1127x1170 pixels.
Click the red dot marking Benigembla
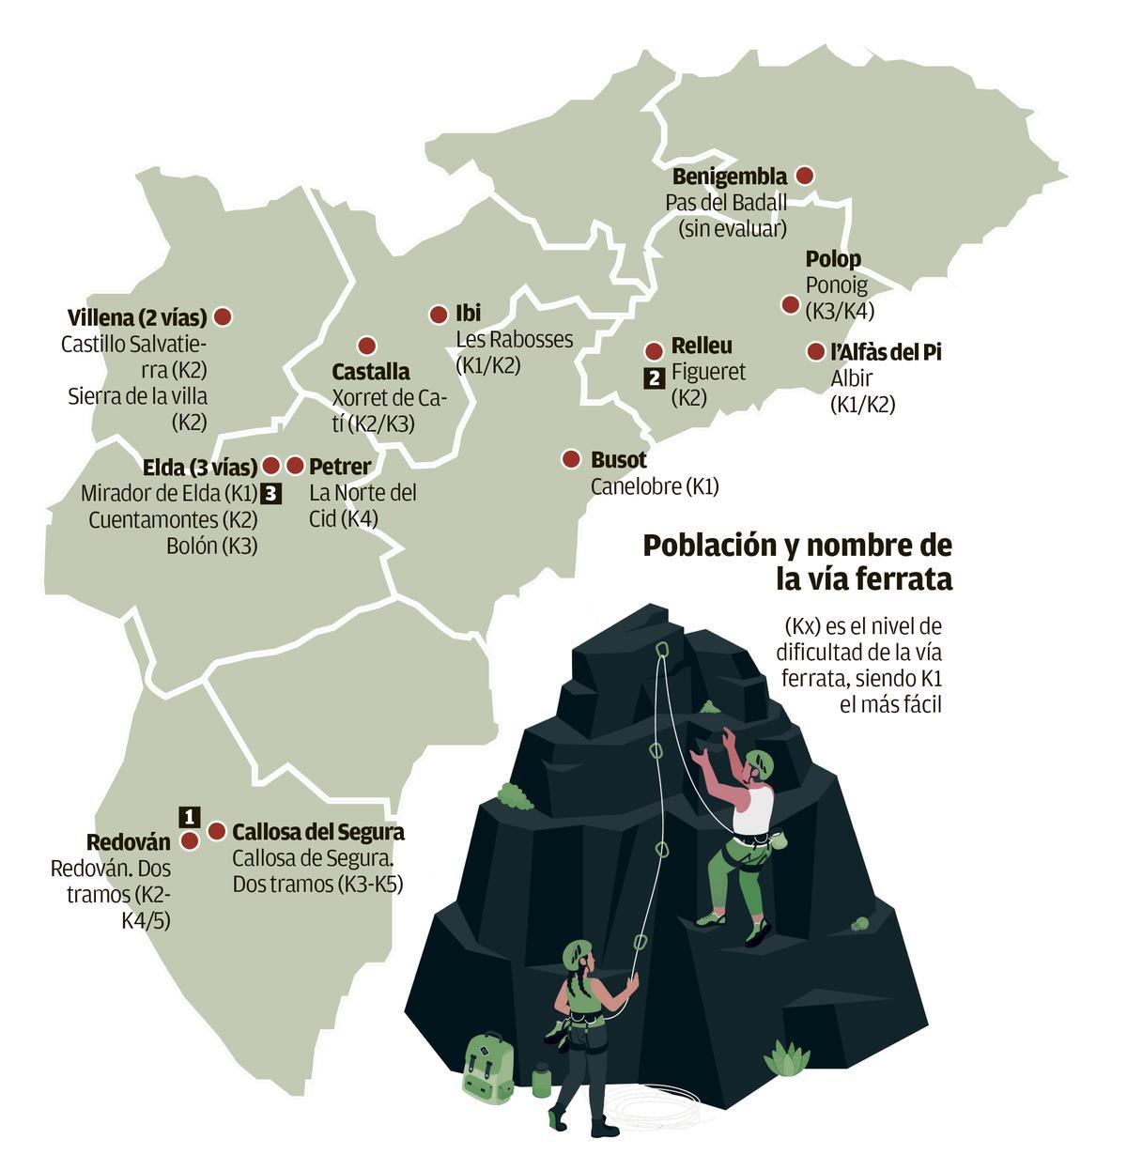pos(804,176)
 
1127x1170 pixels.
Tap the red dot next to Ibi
pos(439,315)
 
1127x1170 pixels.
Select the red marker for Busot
pos(571,459)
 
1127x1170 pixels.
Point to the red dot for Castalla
pos(367,346)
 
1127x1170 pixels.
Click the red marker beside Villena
pos(224,316)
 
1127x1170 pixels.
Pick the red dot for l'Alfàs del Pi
pos(815,352)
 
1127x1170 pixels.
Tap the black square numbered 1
pos(190,815)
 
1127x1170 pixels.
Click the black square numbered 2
pos(654,378)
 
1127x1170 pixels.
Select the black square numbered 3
pos(270,493)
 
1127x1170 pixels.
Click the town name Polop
pos(833,259)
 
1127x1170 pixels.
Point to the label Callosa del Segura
pos(318,832)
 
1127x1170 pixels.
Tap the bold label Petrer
pos(340,467)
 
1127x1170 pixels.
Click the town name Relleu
pos(702,346)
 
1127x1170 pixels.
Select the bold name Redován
pos(129,842)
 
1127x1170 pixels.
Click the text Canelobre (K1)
pos(655,486)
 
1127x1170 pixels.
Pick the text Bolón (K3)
pos(211,546)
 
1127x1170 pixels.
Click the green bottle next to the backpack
pos(541,1080)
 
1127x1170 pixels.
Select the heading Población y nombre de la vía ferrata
pos(797,562)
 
